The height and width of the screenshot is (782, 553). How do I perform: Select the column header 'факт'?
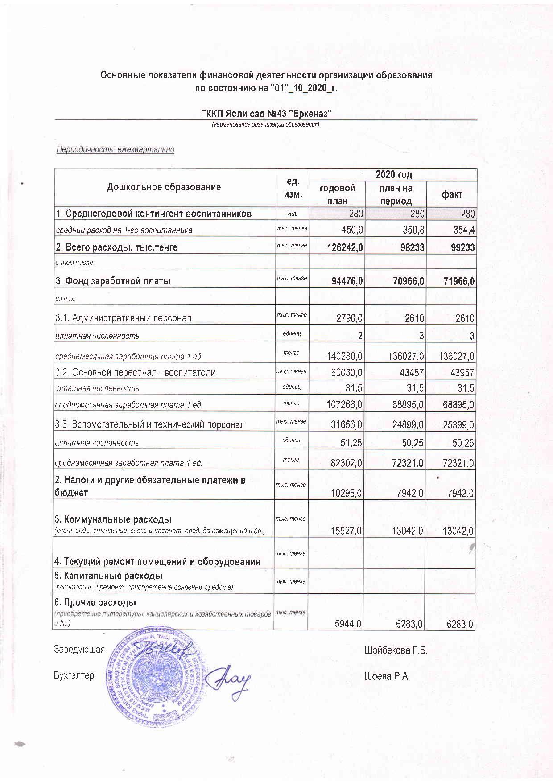(451, 194)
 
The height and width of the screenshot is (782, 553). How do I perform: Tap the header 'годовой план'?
(337, 194)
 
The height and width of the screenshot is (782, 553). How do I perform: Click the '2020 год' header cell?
(393, 174)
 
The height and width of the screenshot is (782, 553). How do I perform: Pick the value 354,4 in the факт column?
(464, 230)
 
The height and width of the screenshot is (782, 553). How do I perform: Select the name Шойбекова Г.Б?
(396, 650)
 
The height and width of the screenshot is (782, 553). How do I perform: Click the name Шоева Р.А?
(387, 676)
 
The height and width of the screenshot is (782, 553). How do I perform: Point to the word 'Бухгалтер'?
(74, 676)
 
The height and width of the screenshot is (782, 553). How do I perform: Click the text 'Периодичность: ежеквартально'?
(115, 150)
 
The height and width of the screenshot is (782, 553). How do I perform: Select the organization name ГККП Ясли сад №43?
(266, 114)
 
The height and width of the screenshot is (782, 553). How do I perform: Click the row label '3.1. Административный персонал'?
(123, 318)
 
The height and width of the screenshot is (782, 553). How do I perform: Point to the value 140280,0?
(343, 357)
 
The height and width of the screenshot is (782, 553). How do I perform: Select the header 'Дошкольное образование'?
(164, 187)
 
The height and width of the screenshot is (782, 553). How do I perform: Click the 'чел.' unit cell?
(292, 214)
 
